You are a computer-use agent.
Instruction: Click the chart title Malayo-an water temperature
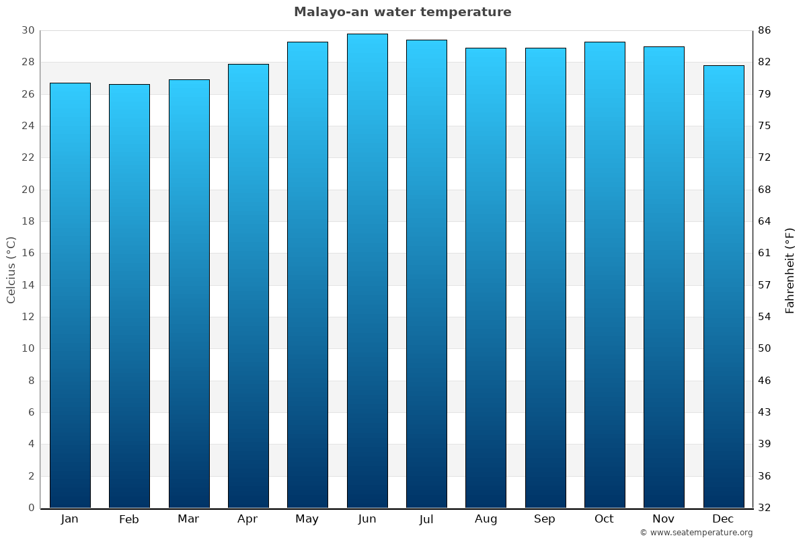click(x=402, y=12)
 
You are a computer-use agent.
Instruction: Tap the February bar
click(x=129, y=296)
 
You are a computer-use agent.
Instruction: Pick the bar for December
click(x=724, y=286)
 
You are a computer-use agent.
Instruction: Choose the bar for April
click(x=248, y=286)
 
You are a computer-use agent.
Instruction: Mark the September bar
click(x=545, y=278)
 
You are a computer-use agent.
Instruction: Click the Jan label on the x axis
click(x=69, y=519)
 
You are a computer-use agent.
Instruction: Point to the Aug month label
click(x=486, y=519)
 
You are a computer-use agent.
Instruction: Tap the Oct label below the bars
click(x=604, y=519)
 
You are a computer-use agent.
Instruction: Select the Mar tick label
click(x=188, y=519)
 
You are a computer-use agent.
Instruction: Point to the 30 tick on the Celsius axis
click(x=28, y=31)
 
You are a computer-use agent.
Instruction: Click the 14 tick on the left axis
click(x=28, y=285)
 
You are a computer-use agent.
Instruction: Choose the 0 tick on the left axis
click(x=31, y=508)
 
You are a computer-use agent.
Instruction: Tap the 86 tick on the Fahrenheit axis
click(x=764, y=31)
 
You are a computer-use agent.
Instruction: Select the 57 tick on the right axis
click(x=764, y=285)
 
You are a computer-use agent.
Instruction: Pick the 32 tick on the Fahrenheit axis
click(x=764, y=508)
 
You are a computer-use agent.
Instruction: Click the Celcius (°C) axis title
click(x=11, y=270)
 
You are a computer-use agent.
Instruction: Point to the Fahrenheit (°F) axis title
click(x=790, y=270)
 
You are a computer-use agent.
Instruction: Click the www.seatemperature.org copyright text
click(x=696, y=533)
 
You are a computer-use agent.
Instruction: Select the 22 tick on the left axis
click(x=28, y=158)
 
